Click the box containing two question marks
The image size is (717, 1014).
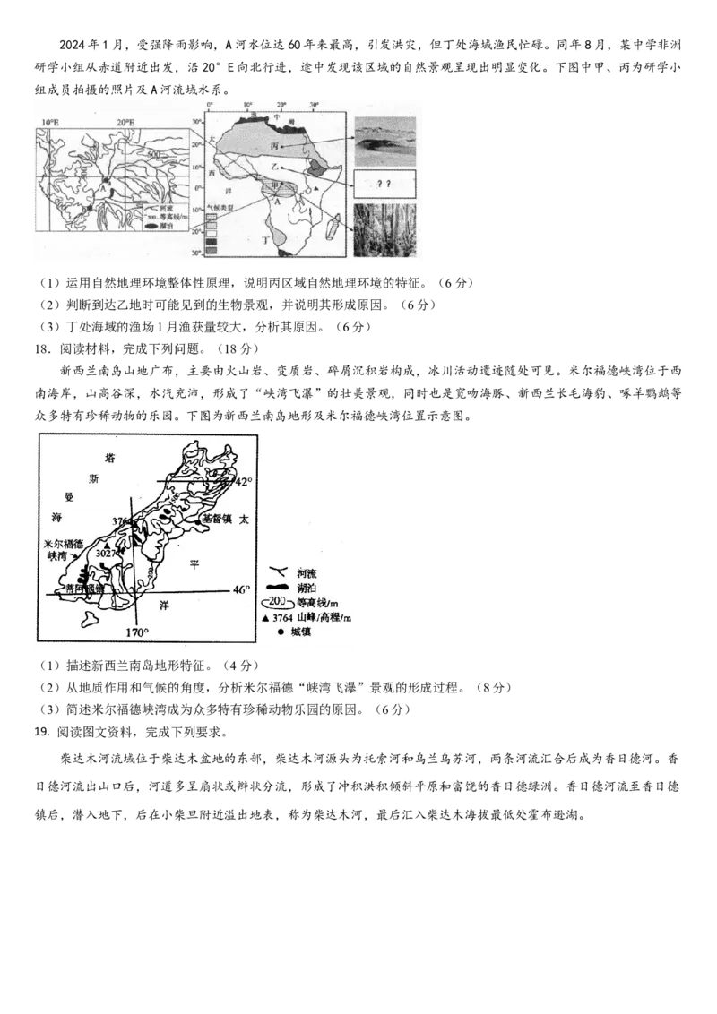[384, 184]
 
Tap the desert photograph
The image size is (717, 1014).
[384, 140]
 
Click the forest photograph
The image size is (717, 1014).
[384, 230]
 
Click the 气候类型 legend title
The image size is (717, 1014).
[222, 205]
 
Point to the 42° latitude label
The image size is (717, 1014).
[244, 482]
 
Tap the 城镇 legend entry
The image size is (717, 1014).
[307, 632]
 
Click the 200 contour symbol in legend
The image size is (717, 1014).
[279, 602]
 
